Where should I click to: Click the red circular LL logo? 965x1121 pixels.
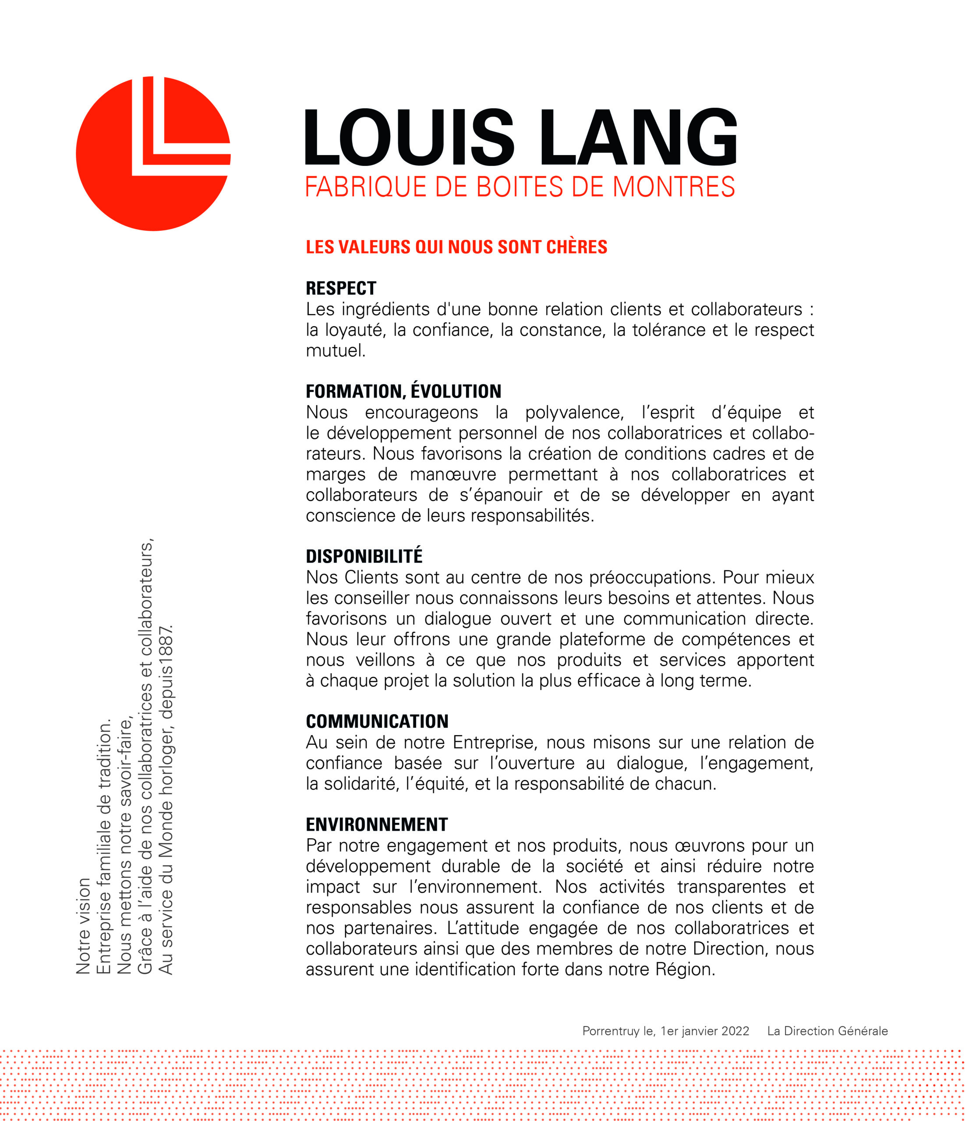153,154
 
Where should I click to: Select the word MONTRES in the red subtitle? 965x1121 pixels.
673,187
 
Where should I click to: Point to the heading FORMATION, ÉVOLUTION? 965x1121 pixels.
403,391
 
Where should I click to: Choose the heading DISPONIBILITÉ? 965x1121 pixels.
364,556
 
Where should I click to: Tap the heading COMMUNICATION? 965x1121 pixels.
377,721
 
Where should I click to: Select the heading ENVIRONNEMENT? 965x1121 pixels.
377,825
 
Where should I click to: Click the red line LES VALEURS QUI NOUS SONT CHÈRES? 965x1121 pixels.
456,247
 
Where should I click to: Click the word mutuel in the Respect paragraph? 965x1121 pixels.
336,351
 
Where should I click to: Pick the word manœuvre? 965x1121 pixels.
452,475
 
